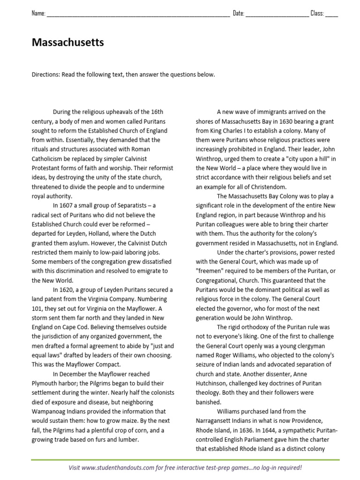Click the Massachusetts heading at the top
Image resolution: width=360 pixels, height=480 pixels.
[x=67, y=43]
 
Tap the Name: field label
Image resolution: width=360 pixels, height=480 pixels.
[x=38, y=14]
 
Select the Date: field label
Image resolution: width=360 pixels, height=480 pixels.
[x=239, y=14]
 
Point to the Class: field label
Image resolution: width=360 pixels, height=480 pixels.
[x=317, y=14]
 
